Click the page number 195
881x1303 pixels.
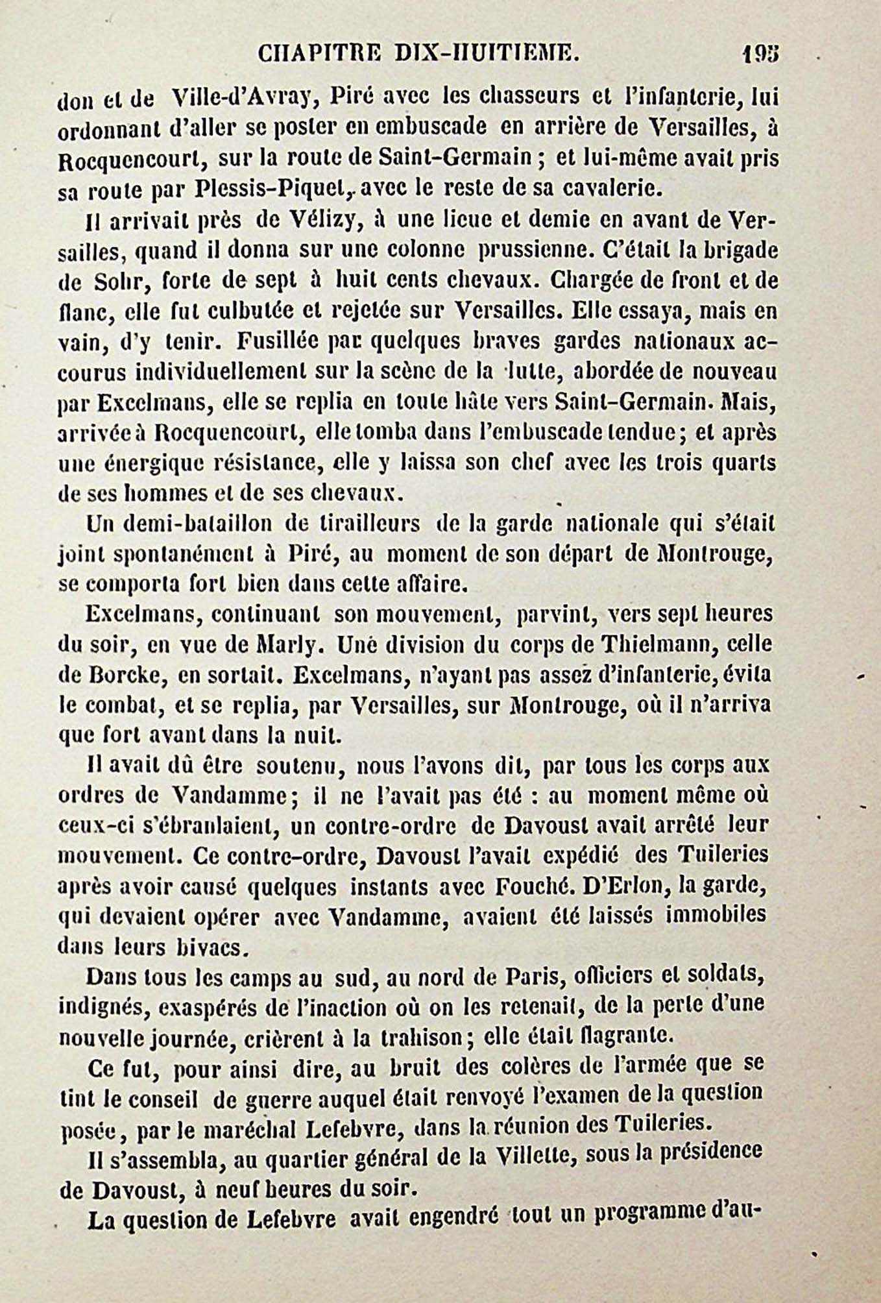coord(760,54)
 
